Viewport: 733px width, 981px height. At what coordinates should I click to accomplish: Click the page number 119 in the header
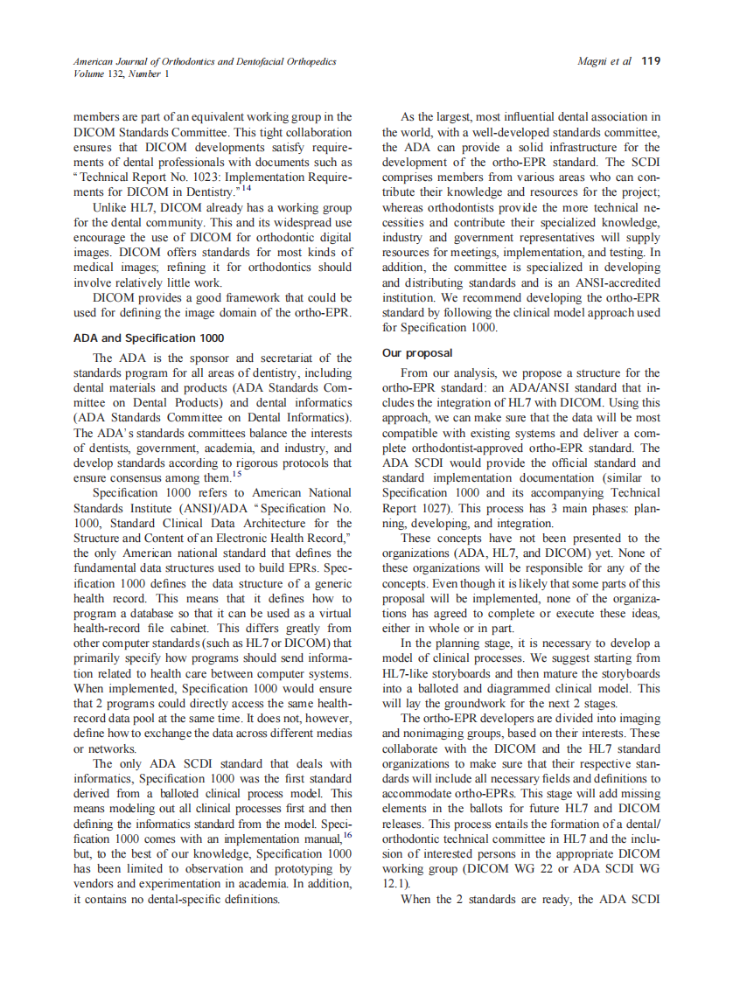(651, 62)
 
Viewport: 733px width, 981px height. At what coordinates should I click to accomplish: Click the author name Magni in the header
(594, 62)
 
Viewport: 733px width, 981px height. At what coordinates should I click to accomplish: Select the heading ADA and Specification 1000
(149, 338)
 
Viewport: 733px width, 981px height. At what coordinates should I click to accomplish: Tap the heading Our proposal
(417, 353)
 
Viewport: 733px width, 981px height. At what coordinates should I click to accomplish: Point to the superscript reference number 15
(236, 474)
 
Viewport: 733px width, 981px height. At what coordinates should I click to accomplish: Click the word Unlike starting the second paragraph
(111, 207)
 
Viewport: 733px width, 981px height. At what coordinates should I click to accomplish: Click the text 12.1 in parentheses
(395, 883)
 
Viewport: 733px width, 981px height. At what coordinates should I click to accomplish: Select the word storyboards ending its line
(629, 673)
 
